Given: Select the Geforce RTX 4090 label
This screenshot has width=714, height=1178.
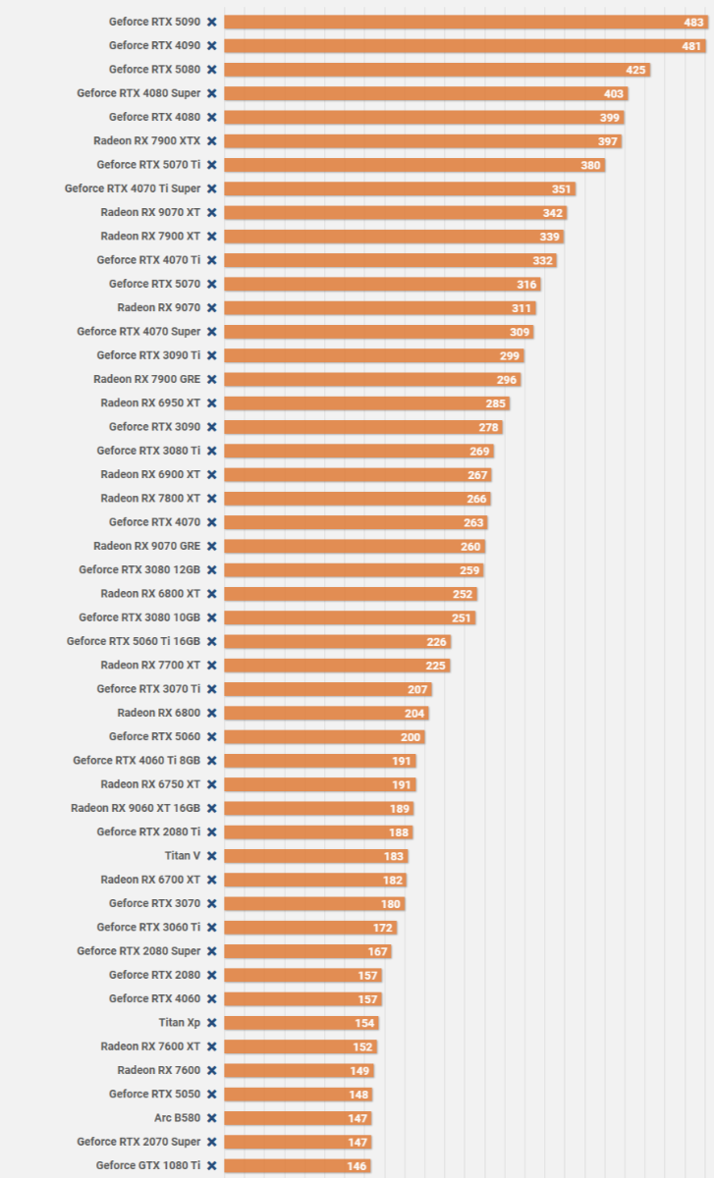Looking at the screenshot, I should [154, 45].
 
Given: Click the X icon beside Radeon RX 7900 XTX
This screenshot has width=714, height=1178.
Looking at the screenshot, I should [211, 141].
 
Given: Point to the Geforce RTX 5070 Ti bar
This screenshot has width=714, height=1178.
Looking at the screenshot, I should [413, 165].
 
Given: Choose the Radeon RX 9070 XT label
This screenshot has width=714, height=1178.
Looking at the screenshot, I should [150, 212].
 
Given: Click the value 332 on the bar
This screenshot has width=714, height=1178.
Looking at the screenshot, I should [543, 260].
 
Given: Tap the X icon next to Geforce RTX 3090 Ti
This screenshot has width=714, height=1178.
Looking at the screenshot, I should [211, 355].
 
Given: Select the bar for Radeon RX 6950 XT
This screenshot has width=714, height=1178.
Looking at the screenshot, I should [366, 403].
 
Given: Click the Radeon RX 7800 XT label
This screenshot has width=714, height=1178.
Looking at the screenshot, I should [150, 499].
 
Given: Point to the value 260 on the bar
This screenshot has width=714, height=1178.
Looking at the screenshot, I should [470, 547].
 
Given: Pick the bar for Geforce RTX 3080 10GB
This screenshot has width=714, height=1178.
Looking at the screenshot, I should [350, 617].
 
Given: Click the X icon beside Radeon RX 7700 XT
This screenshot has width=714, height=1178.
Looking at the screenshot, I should [211, 666].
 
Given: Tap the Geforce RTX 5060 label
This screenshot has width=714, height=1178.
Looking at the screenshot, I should [154, 736].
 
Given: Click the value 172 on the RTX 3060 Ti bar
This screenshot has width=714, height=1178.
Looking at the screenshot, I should [383, 928].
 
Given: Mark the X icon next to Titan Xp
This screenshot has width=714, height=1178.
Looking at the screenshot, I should [211, 1023].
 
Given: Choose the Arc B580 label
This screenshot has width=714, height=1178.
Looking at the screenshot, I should [177, 1118].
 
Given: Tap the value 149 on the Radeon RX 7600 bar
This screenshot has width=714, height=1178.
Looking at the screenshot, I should [359, 1071].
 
